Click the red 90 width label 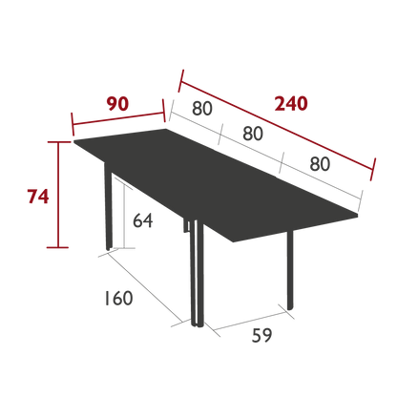click(117, 104)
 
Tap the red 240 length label click(291, 104)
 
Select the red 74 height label click(38, 197)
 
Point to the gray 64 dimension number click(143, 220)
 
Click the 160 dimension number click(118, 298)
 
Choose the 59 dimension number click(261, 335)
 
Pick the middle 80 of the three click(253, 134)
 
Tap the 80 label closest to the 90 click(202, 108)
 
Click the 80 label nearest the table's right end click(320, 164)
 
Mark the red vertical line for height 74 click(58, 195)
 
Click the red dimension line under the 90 click(118, 118)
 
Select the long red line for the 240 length click(277, 125)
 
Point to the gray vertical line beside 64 click(124, 217)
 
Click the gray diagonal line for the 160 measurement click(145, 286)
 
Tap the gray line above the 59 click(249, 322)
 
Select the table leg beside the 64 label click(108, 207)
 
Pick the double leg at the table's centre click(196, 273)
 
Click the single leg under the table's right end click(290, 270)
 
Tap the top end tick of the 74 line click(58, 142)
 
